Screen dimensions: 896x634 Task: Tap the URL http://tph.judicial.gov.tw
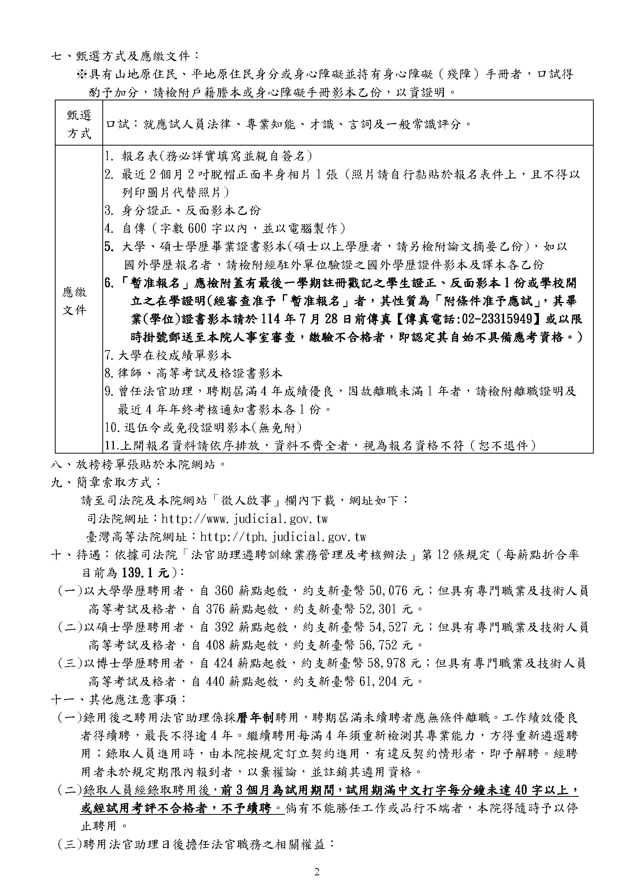(283, 537)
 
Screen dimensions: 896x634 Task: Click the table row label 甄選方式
(79, 124)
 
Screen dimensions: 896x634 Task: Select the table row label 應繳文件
(75, 301)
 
